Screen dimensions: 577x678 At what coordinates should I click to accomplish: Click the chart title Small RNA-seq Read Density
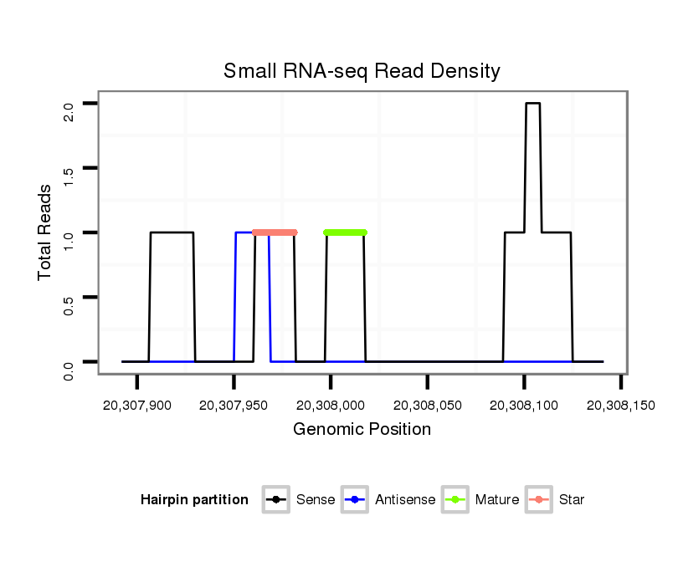pos(362,71)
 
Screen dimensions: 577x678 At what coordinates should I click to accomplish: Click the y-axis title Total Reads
pos(45,232)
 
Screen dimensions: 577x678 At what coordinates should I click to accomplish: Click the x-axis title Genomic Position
pos(362,430)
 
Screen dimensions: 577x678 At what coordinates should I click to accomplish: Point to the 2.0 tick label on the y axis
pos(69,110)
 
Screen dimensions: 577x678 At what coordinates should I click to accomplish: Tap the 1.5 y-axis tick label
pos(69,175)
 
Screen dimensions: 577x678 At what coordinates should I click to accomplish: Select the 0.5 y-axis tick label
pos(69,304)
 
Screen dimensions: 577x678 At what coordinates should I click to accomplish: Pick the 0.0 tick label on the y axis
pos(69,369)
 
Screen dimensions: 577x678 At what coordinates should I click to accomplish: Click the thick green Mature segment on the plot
pos(346,232)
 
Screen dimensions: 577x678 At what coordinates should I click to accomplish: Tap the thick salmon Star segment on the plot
pos(275,232)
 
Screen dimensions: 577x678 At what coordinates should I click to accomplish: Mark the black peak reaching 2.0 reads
pos(532,104)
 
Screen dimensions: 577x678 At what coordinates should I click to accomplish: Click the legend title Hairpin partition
pos(194,500)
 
